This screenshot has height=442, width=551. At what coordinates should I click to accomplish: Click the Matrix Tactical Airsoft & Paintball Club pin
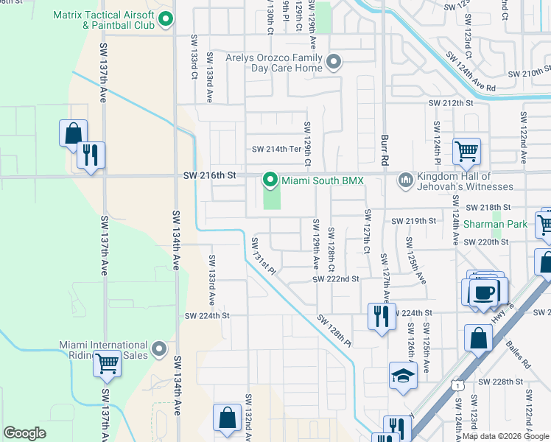click(166, 21)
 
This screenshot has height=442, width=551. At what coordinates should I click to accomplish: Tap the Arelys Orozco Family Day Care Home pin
click(334, 63)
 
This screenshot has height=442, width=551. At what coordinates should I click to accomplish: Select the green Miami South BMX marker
click(270, 179)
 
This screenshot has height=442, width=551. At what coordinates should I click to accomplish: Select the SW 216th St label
click(209, 176)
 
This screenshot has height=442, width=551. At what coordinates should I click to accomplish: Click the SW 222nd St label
click(335, 279)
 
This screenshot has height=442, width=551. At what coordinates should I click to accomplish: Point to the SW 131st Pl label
click(262, 256)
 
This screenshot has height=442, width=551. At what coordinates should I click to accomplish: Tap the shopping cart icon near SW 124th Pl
click(466, 151)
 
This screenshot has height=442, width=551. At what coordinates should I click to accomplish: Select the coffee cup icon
click(483, 292)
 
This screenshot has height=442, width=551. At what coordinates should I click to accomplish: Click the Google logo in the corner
click(24, 433)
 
